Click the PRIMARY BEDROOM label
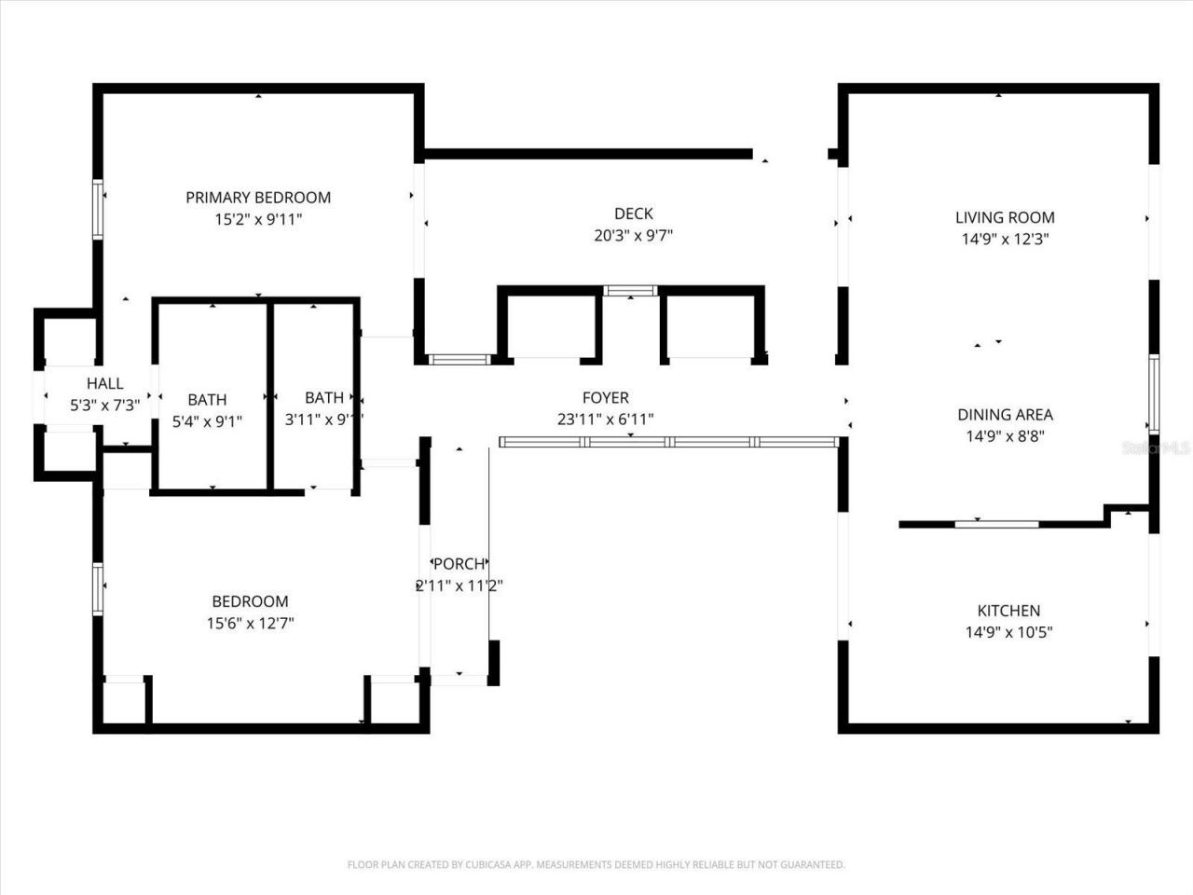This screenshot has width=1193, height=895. (x=258, y=198)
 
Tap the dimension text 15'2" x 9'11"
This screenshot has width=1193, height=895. (x=258, y=220)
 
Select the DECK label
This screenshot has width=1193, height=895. (x=633, y=213)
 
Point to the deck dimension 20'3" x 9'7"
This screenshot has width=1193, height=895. (x=633, y=236)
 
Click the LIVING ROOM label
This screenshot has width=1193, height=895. (x=1005, y=218)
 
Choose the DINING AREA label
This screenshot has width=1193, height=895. (x=1005, y=415)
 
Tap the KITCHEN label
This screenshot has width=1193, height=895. (x=1008, y=611)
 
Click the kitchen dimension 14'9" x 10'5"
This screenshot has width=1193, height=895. (x=1008, y=632)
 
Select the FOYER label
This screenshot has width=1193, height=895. (x=605, y=398)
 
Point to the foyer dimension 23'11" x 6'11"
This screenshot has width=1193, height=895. (x=605, y=420)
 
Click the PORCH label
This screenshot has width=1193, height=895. (x=459, y=564)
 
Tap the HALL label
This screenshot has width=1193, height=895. (x=104, y=383)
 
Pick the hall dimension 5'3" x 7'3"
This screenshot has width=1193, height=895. (x=104, y=406)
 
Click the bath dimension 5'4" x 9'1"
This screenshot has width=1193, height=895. (x=207, y=421)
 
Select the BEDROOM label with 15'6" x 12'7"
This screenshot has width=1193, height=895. (x=250, y=601)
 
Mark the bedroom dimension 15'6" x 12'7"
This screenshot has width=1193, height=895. (x=250, y=624)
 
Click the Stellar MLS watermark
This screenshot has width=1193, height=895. (x=1156, y=448)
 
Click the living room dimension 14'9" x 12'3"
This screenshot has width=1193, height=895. (x=1005, y=240)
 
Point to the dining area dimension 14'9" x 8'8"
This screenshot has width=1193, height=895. (x=1005, y=436)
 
